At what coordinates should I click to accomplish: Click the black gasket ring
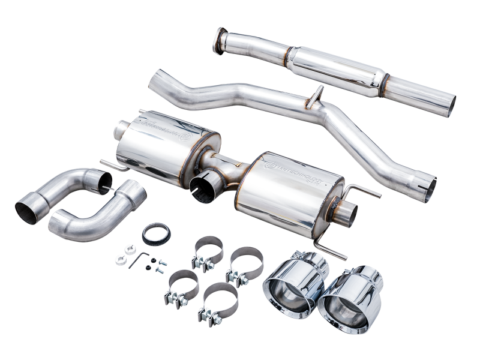coord(156,234)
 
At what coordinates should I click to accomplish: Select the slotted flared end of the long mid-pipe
coord(427,188)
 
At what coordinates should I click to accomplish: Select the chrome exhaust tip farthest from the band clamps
coord(348,303)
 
